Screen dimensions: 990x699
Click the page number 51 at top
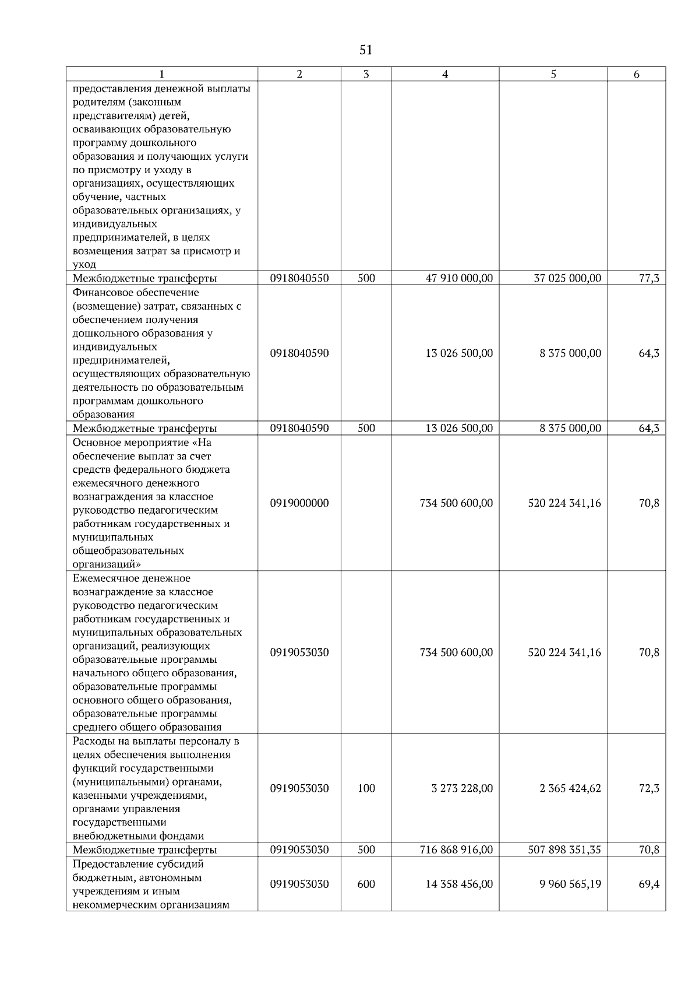(x=366, y=50)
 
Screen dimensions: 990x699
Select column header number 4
(x=445, y=74)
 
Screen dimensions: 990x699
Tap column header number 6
(x=636, y=74)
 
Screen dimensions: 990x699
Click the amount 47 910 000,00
(x=459, y=278)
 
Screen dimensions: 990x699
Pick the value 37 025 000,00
(x=567, y=278)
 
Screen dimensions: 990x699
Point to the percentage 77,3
(x=649, y=278)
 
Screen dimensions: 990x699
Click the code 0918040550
(x=299, y=278)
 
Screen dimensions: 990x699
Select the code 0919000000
(x=299, y=503)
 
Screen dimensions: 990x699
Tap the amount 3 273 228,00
(x=462, y=788)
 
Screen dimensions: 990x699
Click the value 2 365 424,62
(x=570, y=788)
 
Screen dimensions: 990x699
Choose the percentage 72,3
(x=649, y=788)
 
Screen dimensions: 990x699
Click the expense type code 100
(x=366, y=788)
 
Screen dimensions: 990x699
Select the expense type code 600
(x=366, y=884)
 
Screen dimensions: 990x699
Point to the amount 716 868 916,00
(x=456, y=849)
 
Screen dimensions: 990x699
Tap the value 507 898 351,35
(x=564, y=849)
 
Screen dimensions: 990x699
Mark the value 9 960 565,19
(x=570, y=884)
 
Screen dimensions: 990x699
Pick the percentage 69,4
(x=649, y=884)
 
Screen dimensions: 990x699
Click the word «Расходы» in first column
(x=93, y=741)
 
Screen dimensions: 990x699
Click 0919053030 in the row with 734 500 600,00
(x=299, y=652)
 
